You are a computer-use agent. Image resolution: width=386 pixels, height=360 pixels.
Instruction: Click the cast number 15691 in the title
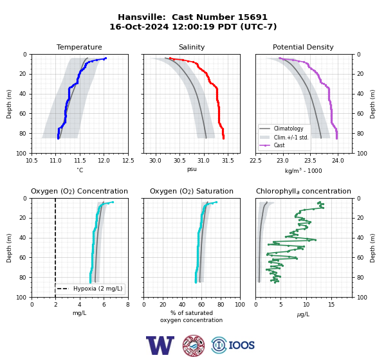tap(252, 17)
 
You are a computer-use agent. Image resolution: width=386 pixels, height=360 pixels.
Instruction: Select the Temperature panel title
tap(79, 47)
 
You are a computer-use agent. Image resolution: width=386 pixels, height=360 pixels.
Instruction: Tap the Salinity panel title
tap(192, 47)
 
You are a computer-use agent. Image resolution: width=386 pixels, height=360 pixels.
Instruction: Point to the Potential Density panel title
tap(303, 47)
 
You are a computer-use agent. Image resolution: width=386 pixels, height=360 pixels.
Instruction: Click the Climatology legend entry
tap(288, 129)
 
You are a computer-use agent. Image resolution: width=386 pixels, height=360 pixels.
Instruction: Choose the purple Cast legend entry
tap(279, 145)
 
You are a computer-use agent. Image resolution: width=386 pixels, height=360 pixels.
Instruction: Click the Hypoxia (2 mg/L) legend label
tap(98, 289)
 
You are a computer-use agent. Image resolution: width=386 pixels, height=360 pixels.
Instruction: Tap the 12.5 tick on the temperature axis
tap(128, 161)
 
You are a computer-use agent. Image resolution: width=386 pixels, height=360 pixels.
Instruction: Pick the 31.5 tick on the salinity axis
tap(228, 161)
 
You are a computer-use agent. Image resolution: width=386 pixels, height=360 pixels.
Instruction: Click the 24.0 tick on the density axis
tap(338, 161)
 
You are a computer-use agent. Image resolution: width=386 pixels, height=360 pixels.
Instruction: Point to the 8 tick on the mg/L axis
tap(128, 305)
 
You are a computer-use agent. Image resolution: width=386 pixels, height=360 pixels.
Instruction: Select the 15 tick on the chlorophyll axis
tap(331, 305)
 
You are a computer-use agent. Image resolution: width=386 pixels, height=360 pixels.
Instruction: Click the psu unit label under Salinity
tap(192, 169)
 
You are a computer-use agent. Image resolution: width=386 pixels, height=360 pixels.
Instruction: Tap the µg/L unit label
tap(303, 314)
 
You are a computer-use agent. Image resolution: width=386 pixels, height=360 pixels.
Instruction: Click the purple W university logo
tap(160, 345)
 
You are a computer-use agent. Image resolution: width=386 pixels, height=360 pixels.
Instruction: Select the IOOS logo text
tap(241, 345)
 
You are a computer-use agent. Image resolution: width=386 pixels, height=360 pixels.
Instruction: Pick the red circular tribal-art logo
tap(194, 345)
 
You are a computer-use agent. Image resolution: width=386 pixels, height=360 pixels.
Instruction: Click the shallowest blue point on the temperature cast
tap(106, 59)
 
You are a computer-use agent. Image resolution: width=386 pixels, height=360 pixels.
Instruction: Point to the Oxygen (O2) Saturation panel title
tap(192, 191)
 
